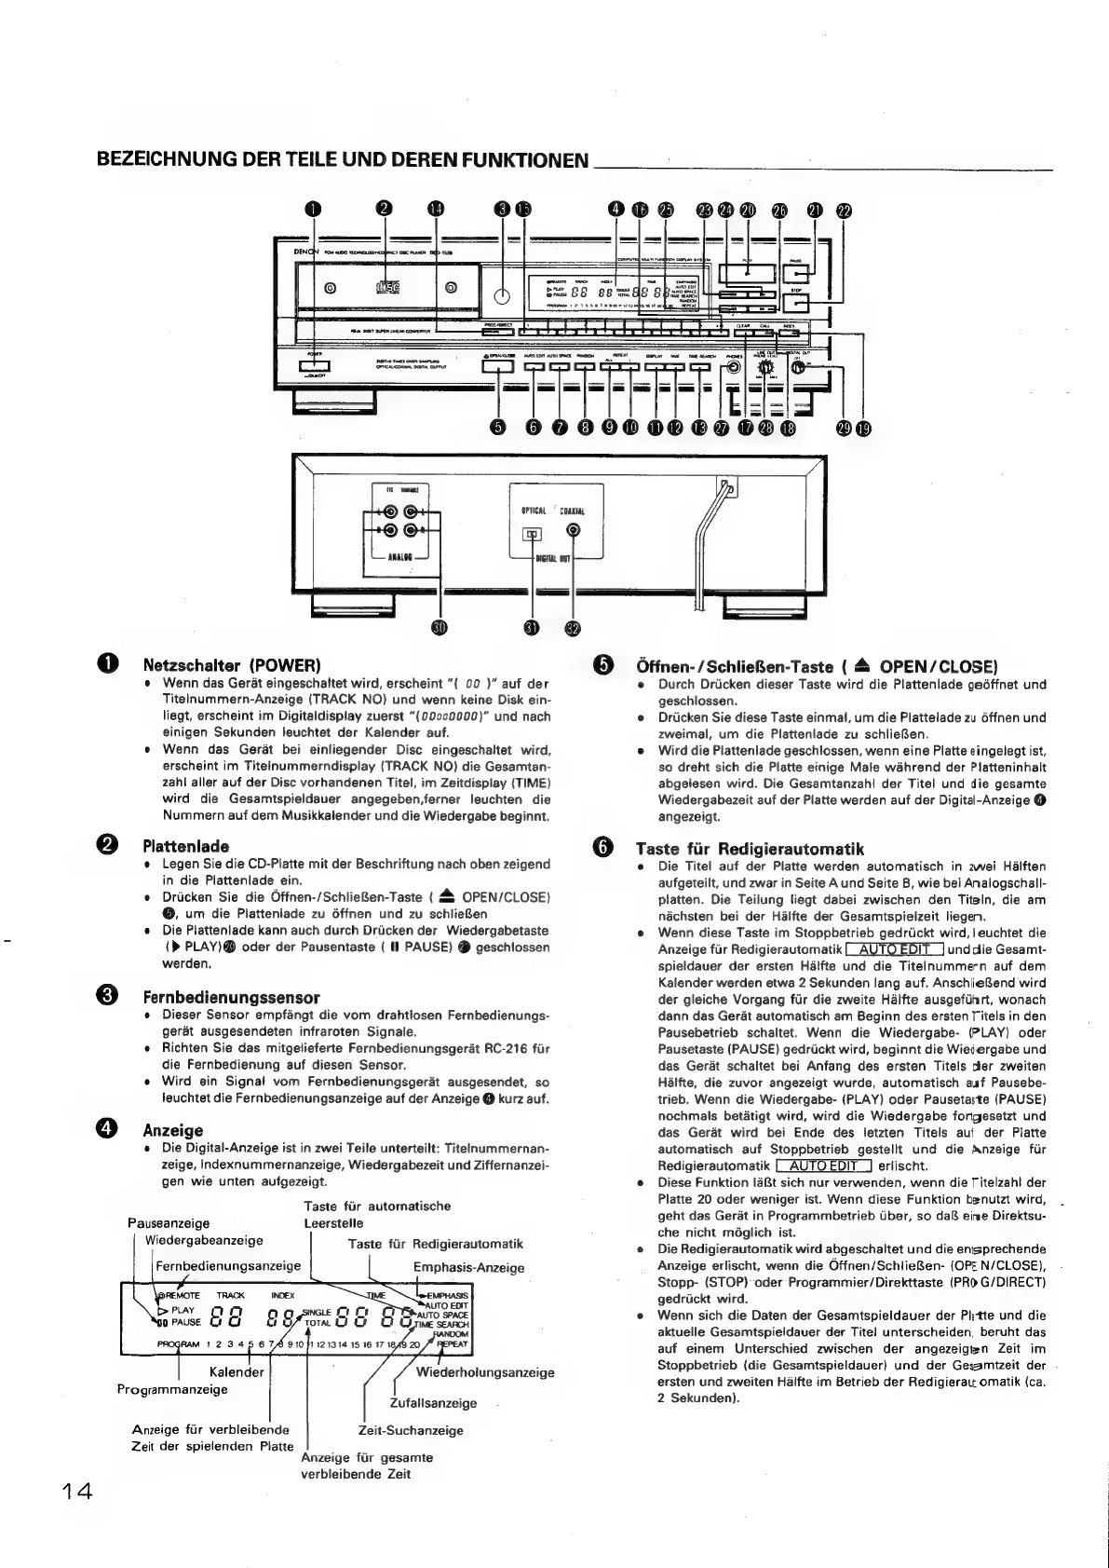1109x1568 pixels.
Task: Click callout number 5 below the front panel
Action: pyautogui.click(x=499, y=427)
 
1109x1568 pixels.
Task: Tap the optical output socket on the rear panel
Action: pyautogui.click(x=532, y=534)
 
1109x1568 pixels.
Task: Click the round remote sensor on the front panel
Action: pyautogui.click(x=502, y=297)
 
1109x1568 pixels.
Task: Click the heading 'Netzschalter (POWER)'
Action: pyautogui.click(x=232, y=665)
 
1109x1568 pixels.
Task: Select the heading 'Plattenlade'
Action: pyautogui.click(x=185, y=846)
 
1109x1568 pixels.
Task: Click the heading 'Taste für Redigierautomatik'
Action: pyautogui.click(x=749, y=848)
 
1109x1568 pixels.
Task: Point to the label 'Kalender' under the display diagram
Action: pyautogui.click(x=237, y=1371)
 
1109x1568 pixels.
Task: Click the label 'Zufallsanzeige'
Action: pyautogui.click(x=433, y=1402)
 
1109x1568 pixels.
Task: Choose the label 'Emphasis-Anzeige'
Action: pyautogui.click(x=468, y=1267)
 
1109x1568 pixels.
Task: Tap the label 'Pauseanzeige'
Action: pyautogui.click(x=169, y=1222)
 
